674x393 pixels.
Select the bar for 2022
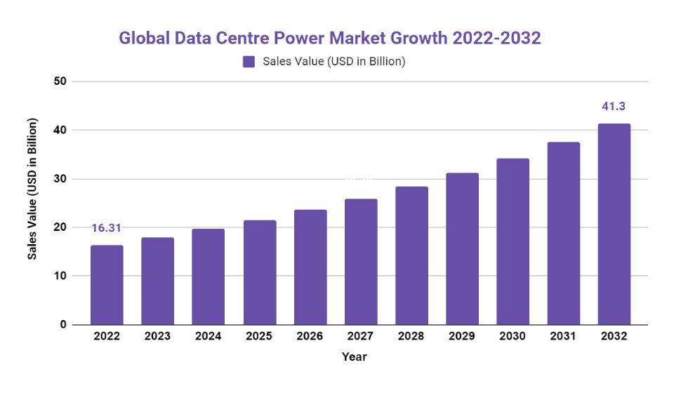(x=107, y=285)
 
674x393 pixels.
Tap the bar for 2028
(x=411, y=255)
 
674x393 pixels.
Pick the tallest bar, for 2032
(x=614, y=225)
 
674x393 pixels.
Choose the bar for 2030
(x=513, y=241)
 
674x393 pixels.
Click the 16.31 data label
(x=107, y=228)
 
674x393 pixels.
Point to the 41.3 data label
(x=614, y=107)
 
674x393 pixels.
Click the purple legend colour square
(x=249, y=62)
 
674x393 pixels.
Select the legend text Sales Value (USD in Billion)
(x=334, y=62)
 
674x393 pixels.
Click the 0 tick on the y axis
(x=63, y=325)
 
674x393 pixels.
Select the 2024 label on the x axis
(x=208, y=336)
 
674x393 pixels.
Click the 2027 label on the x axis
(x=361, y=336)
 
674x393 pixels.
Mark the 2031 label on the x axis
(x=563, y=336)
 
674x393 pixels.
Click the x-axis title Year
(x=355, y=357)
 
